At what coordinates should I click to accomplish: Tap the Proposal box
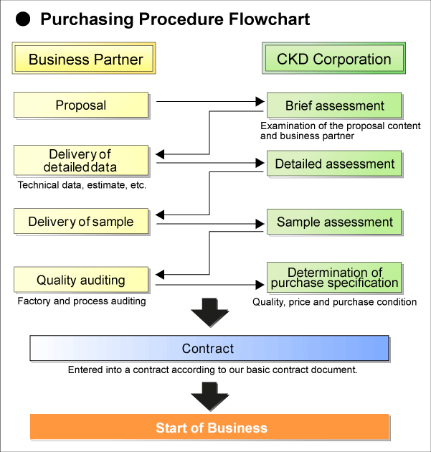(81, 105)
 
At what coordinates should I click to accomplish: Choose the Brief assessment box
(334, 105)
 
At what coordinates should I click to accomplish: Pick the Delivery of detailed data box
(81, 161)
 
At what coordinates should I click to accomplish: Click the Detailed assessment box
(334, 164)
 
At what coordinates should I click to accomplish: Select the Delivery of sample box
(81, 222)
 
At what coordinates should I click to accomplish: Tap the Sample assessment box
(334, 222)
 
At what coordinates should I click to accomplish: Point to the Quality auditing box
(81, 281)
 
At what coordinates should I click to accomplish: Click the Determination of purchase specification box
(334, 278)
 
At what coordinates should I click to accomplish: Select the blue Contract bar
(209, 349)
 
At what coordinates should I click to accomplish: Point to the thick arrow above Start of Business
(210, 395)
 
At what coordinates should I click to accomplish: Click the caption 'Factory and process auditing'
(81, 301)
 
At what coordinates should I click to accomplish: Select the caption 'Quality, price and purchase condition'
(334, 302)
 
